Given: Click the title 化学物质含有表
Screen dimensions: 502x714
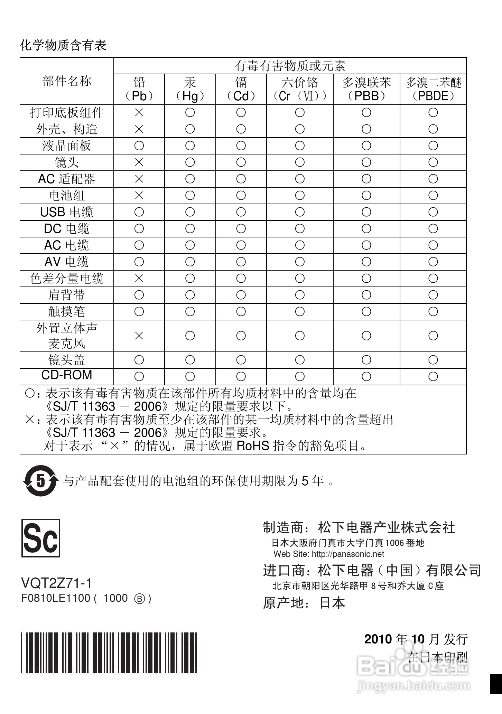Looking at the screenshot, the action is (x=63, y=45).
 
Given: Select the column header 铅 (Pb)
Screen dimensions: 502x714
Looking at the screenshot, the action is (x=139, y=89).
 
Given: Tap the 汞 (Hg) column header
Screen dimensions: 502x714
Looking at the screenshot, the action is (x=190, y=89).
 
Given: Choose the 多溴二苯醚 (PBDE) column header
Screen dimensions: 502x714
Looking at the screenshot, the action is (x=433, y=89).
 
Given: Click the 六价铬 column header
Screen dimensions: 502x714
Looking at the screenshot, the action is (x=300, y=89).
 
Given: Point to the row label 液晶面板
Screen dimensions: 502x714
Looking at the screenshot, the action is (x=67, y=146).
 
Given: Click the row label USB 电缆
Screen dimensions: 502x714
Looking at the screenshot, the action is (x=67, y=212).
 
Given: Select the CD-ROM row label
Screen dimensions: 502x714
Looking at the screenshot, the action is (x=67, y=375).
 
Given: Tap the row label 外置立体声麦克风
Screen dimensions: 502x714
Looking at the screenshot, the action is (x=67, y=336).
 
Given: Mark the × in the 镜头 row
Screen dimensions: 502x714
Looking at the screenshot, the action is (x=139, y=162).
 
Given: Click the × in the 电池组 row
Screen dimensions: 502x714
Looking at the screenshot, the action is (x=139, y=196).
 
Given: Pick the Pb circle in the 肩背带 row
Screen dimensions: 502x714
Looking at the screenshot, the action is (x=139, y=295).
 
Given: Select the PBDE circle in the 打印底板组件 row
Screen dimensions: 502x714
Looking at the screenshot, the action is (x=433, y=113).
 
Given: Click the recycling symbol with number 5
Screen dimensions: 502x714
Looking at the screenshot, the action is (x=40, y=481).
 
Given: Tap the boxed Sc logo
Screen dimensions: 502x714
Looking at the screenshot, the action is (x=41, y=538).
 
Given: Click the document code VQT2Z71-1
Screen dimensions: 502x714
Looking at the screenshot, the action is (x=57, y=583).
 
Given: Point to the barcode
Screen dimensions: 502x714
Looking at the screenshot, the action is (x=109, y=652).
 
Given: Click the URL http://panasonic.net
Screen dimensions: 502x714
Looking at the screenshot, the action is (x=348, y=554).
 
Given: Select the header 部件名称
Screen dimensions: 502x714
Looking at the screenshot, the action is (x=67, y=82).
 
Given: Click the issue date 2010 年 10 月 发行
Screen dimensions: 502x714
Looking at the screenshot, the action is (x=416, y=639).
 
